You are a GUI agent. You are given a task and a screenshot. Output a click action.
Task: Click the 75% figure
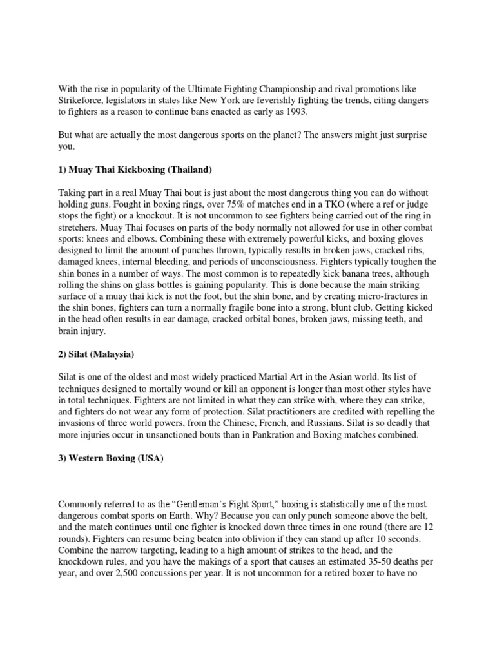(x=217, y=205)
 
